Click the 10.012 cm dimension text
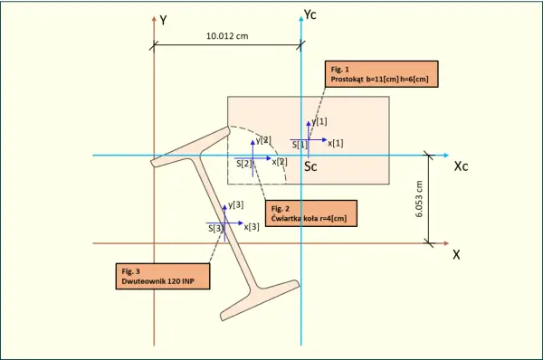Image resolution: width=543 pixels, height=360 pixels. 227,36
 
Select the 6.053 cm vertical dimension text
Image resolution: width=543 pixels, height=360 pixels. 419,199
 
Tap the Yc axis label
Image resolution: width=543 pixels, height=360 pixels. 310,14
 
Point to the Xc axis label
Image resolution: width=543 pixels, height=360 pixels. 461,166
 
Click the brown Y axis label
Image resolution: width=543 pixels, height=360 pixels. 163,21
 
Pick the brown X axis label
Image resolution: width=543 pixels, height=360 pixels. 456,255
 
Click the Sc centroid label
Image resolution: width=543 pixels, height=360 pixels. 310,166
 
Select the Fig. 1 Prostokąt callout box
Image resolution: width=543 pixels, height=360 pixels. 382,74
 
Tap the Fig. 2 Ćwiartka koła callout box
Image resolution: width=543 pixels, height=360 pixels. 311,213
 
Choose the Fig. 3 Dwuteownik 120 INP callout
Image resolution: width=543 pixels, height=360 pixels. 163,276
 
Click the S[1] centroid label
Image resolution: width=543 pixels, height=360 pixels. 300,145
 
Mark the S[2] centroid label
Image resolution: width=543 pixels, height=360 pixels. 243,164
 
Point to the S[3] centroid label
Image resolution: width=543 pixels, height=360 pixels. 216,229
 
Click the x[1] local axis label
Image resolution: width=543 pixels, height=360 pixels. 336,143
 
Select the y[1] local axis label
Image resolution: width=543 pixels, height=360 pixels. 319,121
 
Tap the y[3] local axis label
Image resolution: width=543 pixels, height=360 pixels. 236,205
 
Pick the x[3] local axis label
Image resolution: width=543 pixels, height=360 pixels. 252,227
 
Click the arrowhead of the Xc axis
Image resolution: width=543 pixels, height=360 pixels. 446,156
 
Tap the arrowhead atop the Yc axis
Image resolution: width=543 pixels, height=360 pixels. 301,18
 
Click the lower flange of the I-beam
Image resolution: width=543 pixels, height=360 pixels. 260,300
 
